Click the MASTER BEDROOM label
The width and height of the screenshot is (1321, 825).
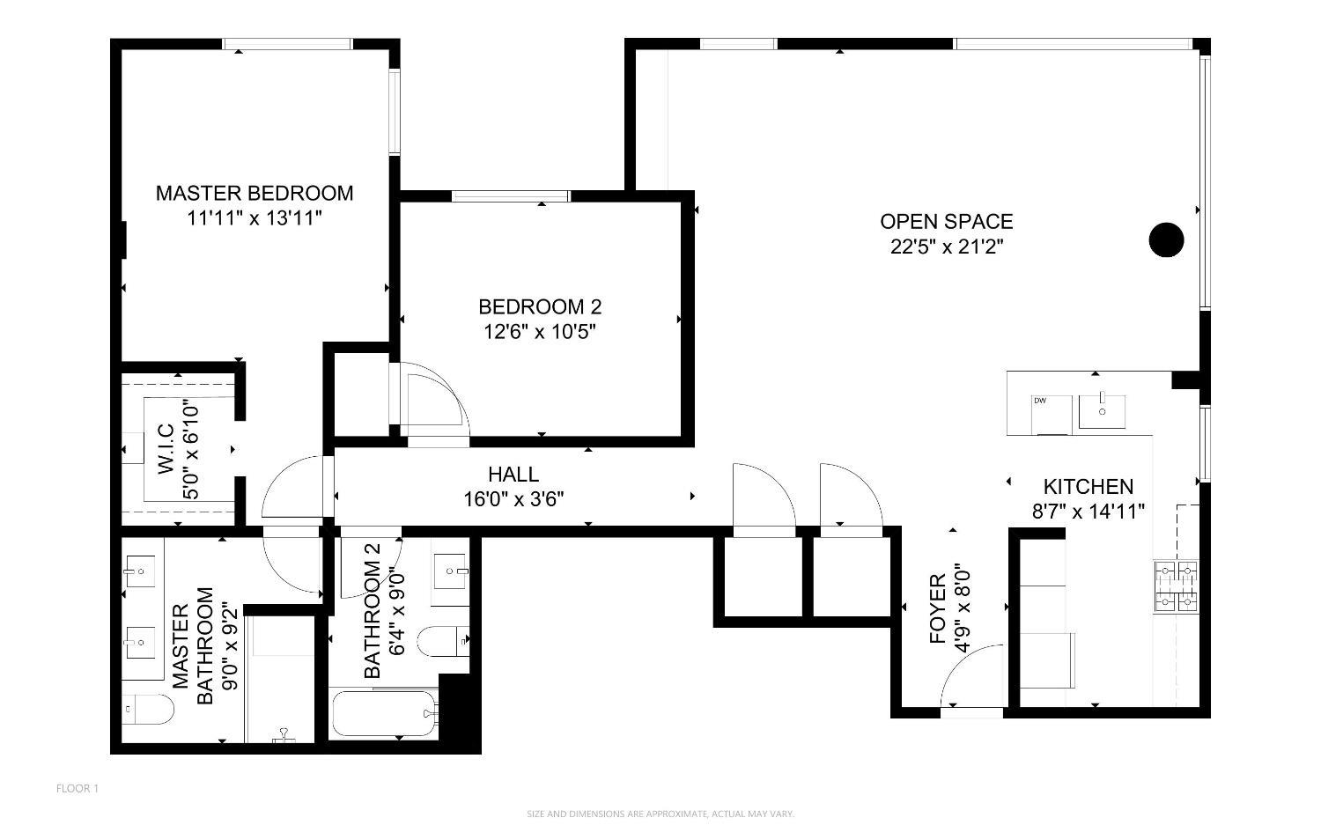pyautogui.click(x=255, y=193)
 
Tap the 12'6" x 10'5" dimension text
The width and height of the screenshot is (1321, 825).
pyautogui.click(x=540, y=332)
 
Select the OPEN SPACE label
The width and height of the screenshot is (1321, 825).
pyautogui.click(x=947, y=221)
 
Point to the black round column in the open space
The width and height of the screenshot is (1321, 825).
pyautogui.click(x=1167, y=239)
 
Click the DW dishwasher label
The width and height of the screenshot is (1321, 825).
pyautogui.click(x=1040, y=401)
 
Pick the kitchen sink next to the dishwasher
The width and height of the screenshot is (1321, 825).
pyautogui.click(x=1103, y=411)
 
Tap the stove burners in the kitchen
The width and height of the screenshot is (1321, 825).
pyautogui.click(x=1177, y=586)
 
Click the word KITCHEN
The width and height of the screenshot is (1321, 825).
pyautogui.click(x=1088, y=487)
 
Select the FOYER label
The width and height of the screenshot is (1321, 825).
pyautogui.click(x=939, y=608)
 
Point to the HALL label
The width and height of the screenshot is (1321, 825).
pyautogui.click(x=513, y=475)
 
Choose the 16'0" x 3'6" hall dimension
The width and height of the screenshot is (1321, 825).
pyautogui.click(x=513, y=499)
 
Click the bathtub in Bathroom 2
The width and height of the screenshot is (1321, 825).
pyautogui.click(x=384, y=714)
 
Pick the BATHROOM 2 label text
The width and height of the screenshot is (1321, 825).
pyautogui.click(x=373, y=621)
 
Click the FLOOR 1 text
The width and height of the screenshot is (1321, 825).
pyautogui.click(x=77, y=788)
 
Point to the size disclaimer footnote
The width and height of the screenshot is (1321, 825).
pyautogui.click(x=660, y=814)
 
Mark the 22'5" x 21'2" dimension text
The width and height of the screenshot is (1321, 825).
pyautogui.click(x=947, y=247)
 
